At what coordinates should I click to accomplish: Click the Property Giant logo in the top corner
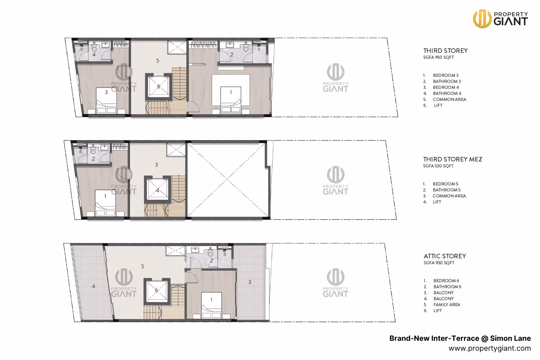[500, 19]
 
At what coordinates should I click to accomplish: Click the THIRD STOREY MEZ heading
[452, 159]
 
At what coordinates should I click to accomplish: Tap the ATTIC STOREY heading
[445, 256]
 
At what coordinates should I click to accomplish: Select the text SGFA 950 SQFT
[438, 57]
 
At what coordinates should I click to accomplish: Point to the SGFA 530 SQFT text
[438, 166]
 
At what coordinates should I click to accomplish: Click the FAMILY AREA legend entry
[447, 304]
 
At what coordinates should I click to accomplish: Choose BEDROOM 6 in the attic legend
[446, 281]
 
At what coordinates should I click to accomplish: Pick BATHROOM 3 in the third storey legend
[447, 81]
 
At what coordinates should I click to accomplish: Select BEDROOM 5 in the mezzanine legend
[445, 184]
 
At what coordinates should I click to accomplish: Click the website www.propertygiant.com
[490, 348]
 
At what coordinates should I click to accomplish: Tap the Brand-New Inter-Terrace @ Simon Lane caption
[460, 338]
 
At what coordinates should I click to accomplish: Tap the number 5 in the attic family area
[142, 266]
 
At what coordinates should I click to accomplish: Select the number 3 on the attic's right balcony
[250, 282]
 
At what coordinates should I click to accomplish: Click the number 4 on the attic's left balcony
[94, 286]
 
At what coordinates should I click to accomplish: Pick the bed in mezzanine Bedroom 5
[105, 203]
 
